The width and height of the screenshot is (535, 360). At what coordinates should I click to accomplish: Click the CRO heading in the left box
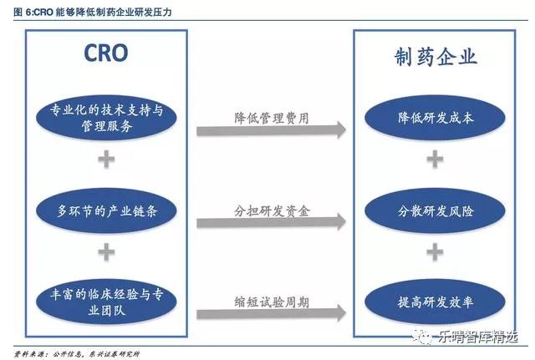(105, 54)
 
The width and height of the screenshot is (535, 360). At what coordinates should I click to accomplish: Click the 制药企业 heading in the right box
(435, 57)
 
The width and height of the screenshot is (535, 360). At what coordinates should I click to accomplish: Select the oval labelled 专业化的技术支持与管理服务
(105, 120)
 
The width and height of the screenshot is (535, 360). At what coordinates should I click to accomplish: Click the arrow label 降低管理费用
(272, 118)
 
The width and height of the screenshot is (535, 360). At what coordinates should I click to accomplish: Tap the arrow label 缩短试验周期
(272, 299)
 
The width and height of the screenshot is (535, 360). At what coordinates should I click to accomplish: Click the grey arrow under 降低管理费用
(272, 131)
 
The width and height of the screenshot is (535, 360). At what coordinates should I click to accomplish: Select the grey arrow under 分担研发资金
(272, 222)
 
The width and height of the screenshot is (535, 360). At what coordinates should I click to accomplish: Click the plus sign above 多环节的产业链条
(105, 160)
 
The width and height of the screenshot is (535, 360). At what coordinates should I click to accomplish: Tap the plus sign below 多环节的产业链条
(105, 251)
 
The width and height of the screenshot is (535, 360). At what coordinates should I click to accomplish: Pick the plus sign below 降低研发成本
(436, 160)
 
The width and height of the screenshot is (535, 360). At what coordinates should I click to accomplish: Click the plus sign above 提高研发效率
(436, 251)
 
